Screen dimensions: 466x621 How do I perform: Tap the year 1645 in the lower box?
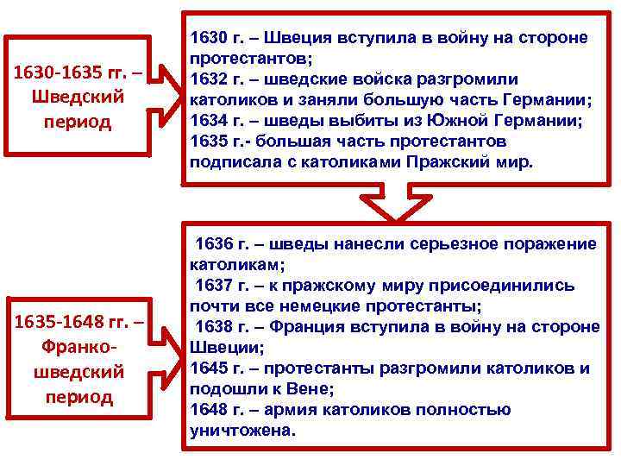click(x=209, y=368)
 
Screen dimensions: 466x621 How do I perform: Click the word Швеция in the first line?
click(x=295, y=39)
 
